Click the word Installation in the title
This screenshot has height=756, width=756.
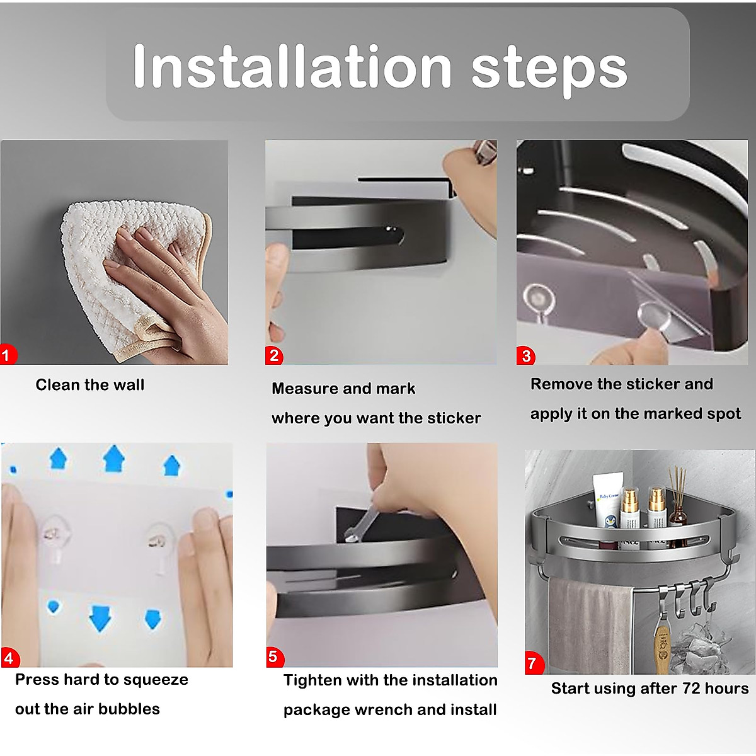292,66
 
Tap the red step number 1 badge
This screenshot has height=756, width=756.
8,355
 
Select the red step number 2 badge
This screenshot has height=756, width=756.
274,355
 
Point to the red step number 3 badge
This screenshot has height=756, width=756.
525,355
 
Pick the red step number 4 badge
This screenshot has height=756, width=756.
11,658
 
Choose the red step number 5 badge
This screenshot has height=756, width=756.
275,657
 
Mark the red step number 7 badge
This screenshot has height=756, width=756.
535,663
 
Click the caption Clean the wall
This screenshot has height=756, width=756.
90,385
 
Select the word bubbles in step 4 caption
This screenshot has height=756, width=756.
129,709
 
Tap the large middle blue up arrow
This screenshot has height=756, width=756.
113,458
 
